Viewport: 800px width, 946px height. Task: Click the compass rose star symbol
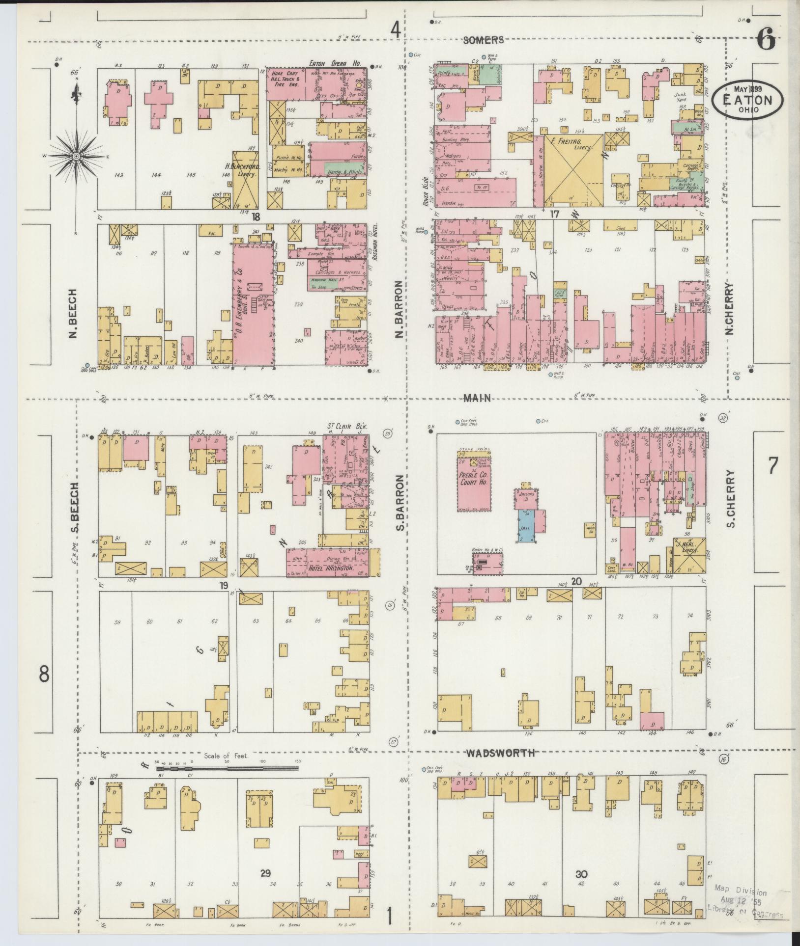pos(76,157)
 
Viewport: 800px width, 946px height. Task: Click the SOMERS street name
pos(484,40)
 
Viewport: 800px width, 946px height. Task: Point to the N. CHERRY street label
pos(729,308)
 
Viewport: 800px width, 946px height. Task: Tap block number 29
pos(265,872)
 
